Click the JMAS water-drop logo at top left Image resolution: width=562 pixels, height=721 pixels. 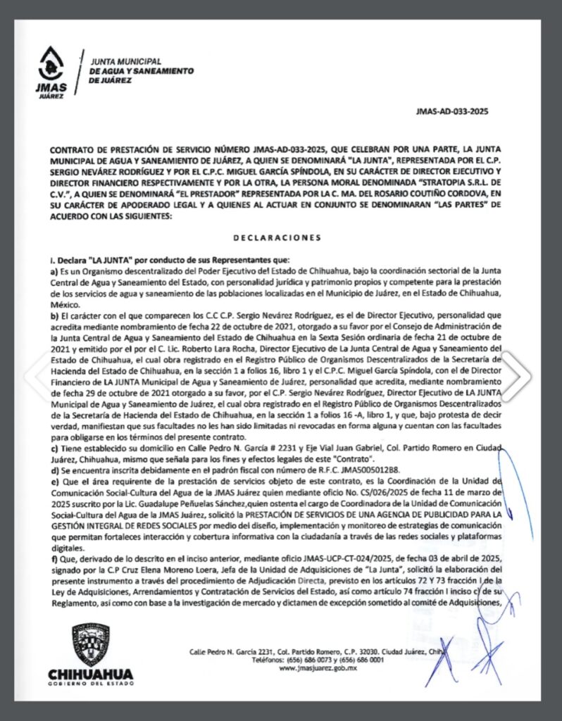[x=54, y=68]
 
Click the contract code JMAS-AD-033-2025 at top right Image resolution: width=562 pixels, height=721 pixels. [x=452, y=111]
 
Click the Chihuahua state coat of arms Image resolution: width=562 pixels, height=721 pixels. [x=91, y=644]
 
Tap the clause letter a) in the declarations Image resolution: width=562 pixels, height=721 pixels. [x=53, y=270]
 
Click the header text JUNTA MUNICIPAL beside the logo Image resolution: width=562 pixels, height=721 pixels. [x=126, y=62]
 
